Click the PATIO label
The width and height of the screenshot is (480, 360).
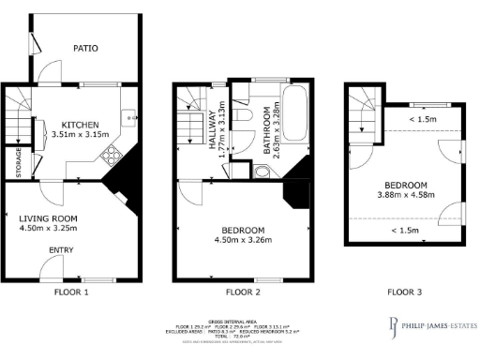click(86, 48)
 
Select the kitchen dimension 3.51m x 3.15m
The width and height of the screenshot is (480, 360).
click(81, 135)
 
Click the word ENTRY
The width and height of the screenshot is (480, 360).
click(62, 249)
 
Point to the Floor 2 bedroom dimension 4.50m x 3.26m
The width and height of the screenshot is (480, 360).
click(242, 241)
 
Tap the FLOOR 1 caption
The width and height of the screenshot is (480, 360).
click(73, 292)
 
